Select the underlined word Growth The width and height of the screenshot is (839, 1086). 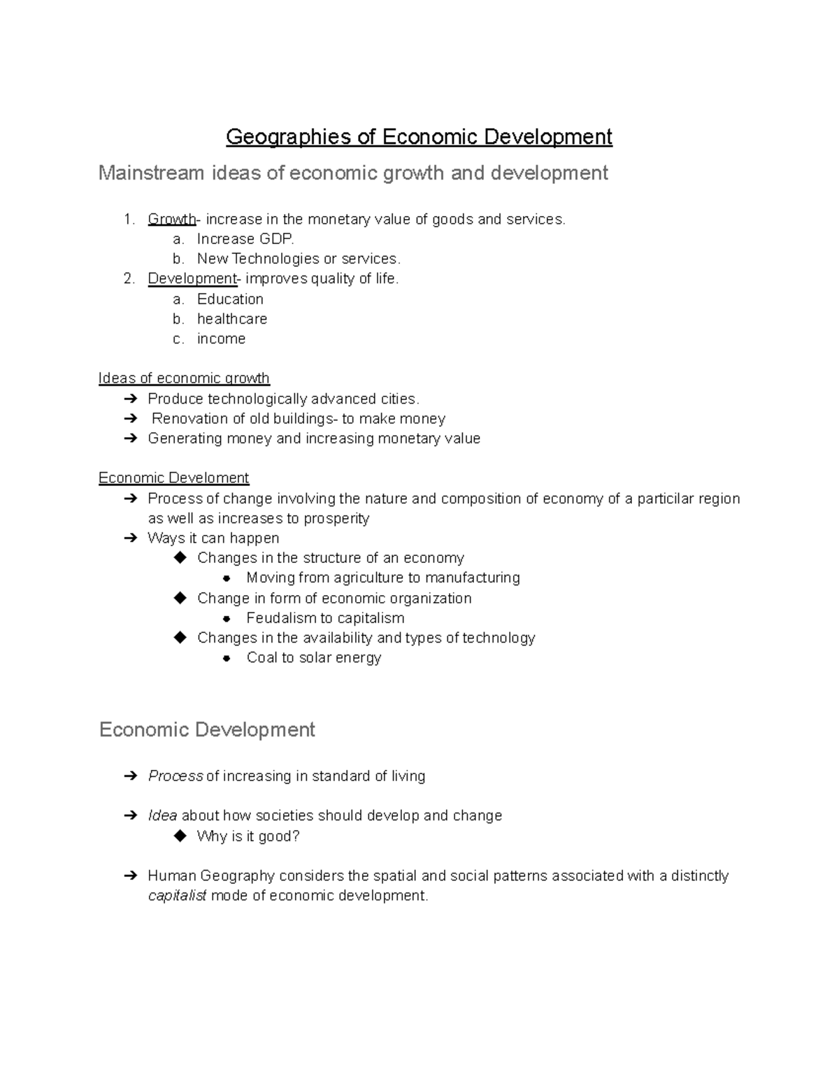click(x=171, y=220)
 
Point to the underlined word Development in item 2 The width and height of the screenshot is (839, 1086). click(x=192, y=279)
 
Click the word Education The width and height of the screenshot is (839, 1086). click(x=230, y=299)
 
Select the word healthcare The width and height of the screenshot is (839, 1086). click(x=232, y=319)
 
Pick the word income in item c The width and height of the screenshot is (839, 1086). click(x=221, y=339)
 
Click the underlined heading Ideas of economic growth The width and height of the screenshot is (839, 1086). click(x=184, y=378)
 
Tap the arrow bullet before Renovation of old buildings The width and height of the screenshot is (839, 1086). click(x=130, y=419)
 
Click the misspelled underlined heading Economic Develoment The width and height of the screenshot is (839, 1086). click(x=173, y=478)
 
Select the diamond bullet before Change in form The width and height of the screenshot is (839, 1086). click(x=180, y=598)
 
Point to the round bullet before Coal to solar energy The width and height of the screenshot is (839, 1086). click(x=227, y=658)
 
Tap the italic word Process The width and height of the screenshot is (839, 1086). click(x=175, y=776)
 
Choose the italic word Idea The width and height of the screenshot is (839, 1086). click(x=162, y=816)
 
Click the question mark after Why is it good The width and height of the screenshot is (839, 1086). click(x=296, y=836)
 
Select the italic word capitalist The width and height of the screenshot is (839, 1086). click(x=177, y=896)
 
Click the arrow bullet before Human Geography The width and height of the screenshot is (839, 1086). click(x=130, y=876)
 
